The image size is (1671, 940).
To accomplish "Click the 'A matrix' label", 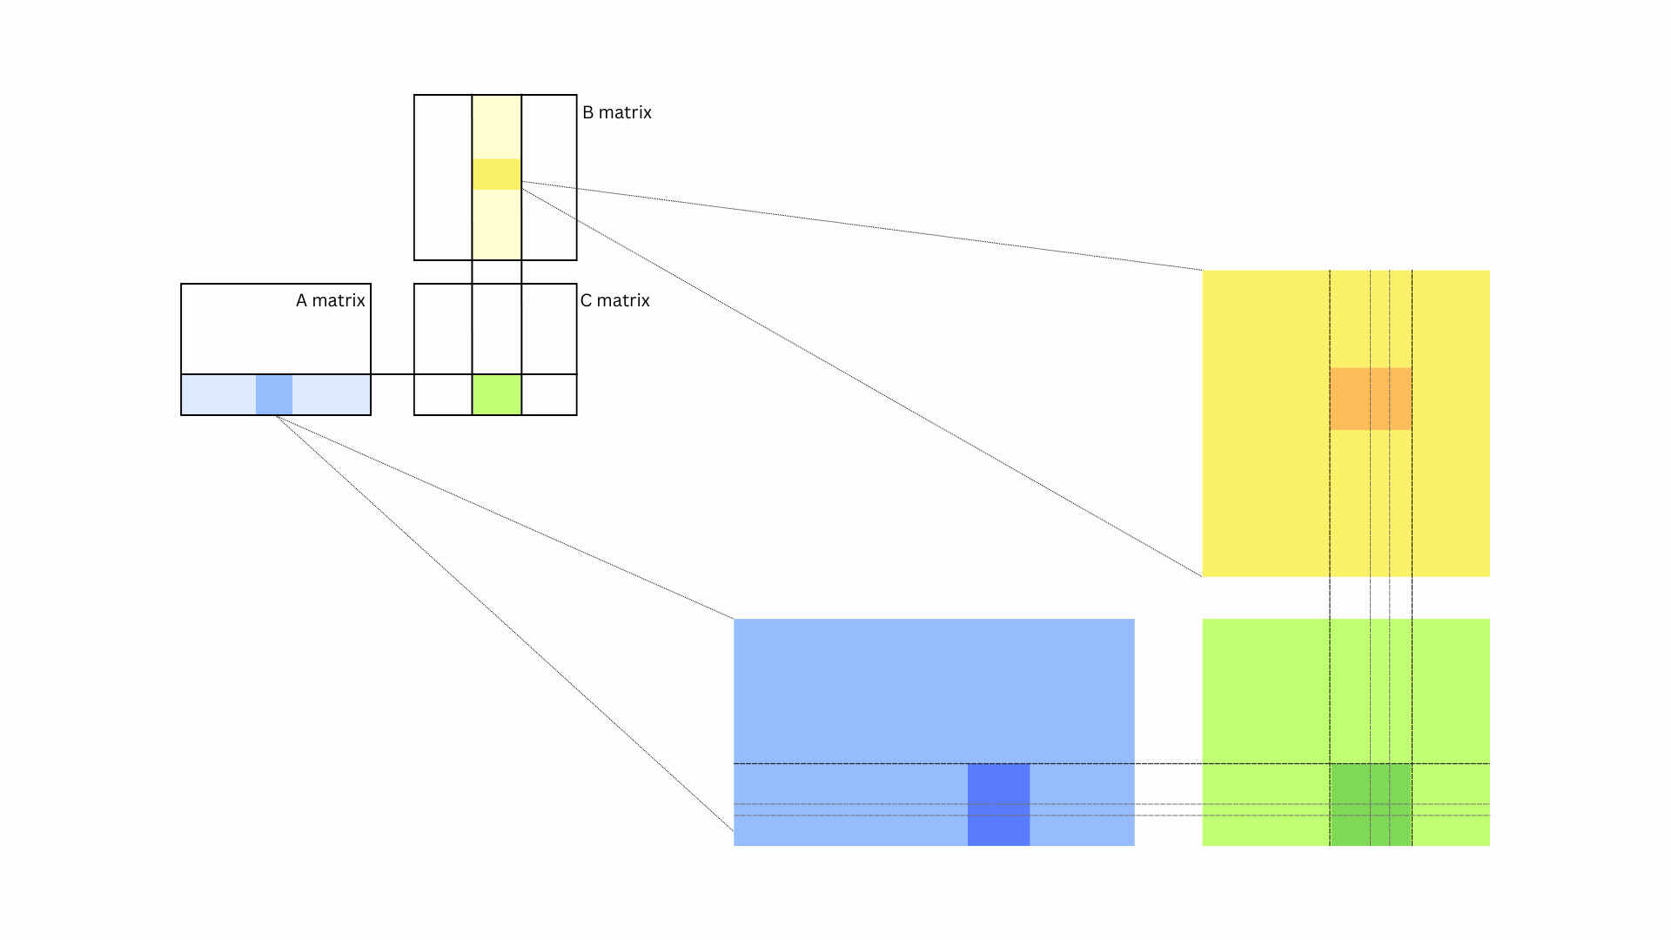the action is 330,300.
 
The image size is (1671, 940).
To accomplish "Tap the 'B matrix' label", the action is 617,112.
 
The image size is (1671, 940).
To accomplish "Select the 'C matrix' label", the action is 615,300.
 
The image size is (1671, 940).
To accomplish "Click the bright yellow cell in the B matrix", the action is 497,174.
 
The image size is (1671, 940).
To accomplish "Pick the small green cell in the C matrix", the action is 497,394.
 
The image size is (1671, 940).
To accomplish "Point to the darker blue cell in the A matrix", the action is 274,394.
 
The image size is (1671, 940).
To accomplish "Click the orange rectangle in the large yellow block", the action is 1371,399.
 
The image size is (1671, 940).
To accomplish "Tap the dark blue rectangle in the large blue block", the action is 999,804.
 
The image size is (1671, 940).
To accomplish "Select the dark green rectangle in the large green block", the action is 1371,804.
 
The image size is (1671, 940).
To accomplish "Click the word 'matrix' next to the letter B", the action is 625,112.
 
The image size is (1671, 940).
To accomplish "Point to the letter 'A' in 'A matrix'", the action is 301,300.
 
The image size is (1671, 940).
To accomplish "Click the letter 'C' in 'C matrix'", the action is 586,300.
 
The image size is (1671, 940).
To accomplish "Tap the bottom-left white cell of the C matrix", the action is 443,394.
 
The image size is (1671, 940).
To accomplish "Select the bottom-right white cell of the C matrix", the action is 549,394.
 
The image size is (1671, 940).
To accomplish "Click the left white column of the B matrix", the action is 443,178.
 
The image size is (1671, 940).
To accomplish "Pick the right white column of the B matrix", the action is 549,178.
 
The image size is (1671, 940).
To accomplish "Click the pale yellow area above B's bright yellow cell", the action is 497,127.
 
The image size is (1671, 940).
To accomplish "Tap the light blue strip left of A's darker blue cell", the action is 218,394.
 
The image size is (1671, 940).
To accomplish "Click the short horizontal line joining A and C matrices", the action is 393,374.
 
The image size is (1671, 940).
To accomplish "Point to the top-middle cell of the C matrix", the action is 497,329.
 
